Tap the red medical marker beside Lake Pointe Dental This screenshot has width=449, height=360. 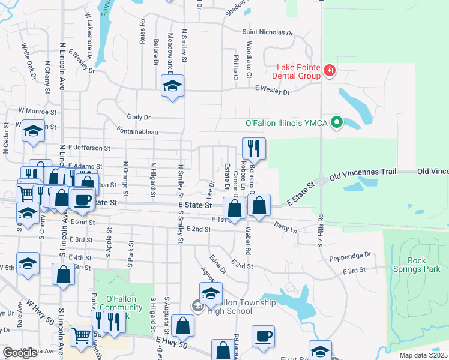click(329, 71)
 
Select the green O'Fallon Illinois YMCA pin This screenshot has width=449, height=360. click(337, 124)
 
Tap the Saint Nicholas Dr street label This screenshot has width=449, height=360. click(267, 33)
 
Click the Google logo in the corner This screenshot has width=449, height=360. click(20, 353)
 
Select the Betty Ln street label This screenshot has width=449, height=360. click(285, 226)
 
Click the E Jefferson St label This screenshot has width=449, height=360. click(89, 147)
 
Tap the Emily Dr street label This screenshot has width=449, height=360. click(139, 117)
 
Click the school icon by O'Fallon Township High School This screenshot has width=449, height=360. click(211, 292)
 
